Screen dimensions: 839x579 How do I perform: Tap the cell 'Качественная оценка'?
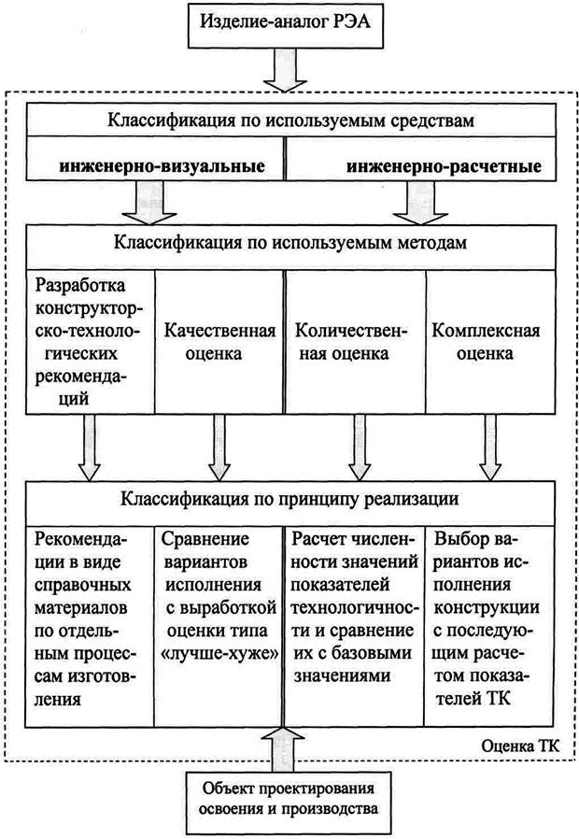click(x=219, y=342)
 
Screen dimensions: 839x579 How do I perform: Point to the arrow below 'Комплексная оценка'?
click(x=488, y=445)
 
